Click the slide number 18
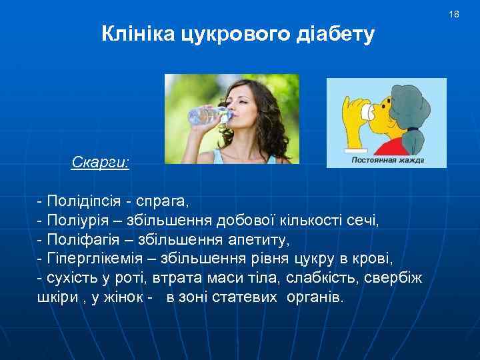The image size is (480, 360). coord(454,14)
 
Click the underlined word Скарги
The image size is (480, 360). coord(100,162)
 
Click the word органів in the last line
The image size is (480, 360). coord(315,297)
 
